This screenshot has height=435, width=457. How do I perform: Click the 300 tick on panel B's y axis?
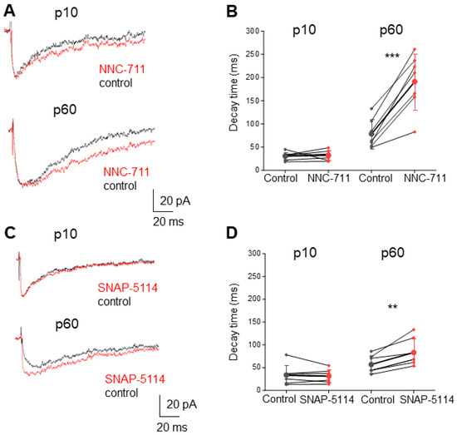pyautogui.click(x=250, y=31)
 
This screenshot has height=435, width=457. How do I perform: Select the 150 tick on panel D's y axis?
pyautogui.click(x=250, y=322)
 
